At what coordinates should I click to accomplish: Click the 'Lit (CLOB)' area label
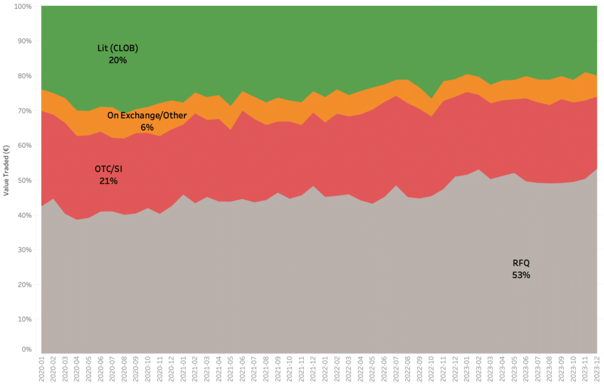coord(118,48)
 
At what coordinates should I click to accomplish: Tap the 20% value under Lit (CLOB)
coord(118,60)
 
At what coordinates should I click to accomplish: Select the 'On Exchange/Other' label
coord(147,116)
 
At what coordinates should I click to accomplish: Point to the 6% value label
coord(147,127)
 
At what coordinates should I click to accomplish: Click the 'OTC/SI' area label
coord(109,169)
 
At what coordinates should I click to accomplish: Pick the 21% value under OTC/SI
coord(109,181)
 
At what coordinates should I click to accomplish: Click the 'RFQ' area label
coord(521,263)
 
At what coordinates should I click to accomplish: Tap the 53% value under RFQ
coord(521,275)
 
